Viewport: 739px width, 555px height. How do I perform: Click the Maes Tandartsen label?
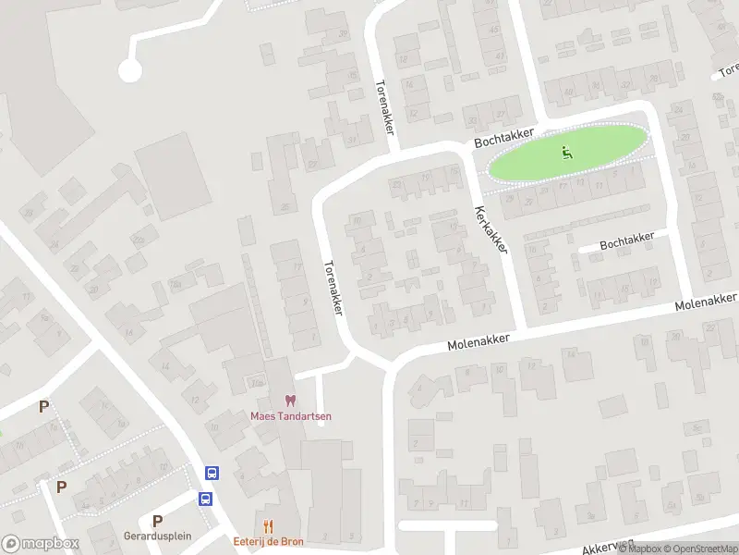tap(290, 416)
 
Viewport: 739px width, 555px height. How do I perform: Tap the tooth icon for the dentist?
tap(291, 401)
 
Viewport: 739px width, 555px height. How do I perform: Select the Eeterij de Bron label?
tap(268, 541)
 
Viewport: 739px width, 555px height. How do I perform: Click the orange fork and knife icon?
tap(269, 526)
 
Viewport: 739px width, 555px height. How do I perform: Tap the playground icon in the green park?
tap(567, 153)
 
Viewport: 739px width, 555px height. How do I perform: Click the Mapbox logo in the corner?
tap(40, 544)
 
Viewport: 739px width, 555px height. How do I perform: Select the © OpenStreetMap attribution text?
tap(694, 549)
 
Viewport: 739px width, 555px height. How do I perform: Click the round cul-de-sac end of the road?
tap(129, 69)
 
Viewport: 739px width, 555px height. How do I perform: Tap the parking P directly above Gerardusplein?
tap(157, 521)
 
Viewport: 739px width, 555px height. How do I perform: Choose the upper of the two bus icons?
tap(212, 474)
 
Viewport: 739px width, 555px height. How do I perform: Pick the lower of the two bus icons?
tap(205, 499)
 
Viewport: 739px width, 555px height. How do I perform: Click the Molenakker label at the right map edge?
tap(706, 301)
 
